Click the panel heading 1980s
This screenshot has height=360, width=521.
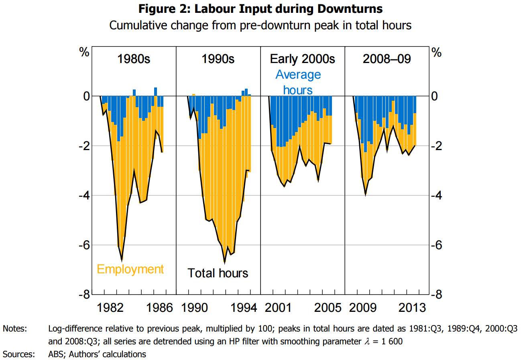[134, 59]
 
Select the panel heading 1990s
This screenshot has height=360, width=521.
[218, 59]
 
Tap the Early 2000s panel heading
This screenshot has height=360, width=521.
[302, 59]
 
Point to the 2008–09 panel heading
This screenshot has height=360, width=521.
[387, 59]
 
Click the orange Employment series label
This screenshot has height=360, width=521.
[130, 269]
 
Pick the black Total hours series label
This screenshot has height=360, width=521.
[218, 273]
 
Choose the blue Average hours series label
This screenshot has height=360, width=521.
[298, 82]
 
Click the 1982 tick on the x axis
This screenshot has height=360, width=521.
[110, 308]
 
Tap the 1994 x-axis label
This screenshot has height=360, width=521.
[244, 308]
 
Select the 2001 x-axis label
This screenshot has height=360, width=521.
[278, 308]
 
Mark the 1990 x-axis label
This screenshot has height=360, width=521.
[194, 308]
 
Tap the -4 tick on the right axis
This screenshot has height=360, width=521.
[437, 195]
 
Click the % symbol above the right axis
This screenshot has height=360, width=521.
[437, 53]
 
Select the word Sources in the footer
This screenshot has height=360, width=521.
[18, 354]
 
